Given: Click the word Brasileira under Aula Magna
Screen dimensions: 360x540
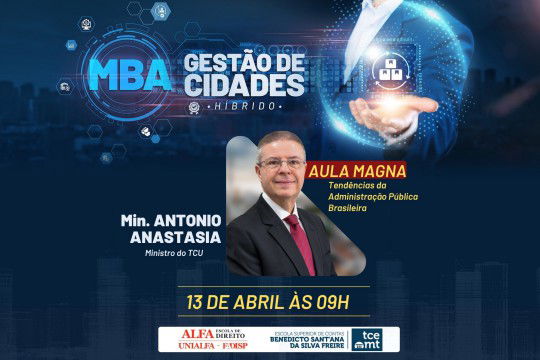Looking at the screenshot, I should tap(350, 209).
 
